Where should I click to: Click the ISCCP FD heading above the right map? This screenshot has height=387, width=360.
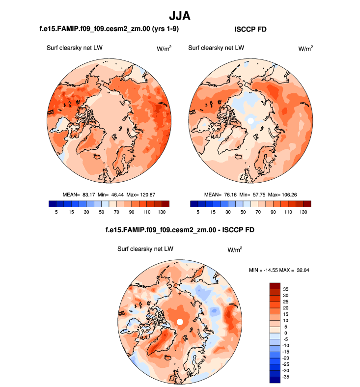click(251, 29)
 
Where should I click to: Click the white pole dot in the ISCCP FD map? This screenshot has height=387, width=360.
click(250, 120)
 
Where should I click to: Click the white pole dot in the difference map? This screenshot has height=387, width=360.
click(180, 322)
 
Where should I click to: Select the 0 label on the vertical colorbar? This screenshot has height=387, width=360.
click(286, 333)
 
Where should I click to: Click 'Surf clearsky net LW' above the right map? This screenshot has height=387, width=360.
click(216, 48)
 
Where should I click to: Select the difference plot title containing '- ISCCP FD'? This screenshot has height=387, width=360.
click(180, 230)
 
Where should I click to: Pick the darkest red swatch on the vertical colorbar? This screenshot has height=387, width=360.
click(275, 285)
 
